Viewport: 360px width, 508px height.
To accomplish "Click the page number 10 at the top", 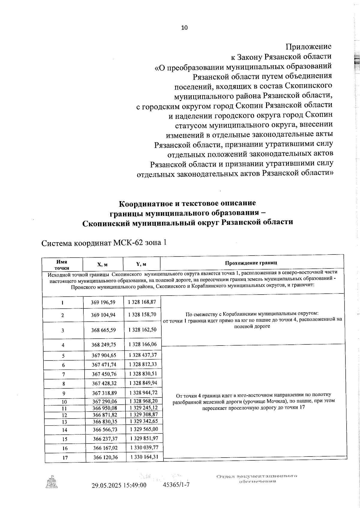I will point(184,28).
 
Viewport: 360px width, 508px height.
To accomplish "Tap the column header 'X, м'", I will point(102,264).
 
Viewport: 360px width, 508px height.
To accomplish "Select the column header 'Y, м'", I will point(141,264).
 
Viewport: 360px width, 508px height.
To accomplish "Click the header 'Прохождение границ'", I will point(251,263).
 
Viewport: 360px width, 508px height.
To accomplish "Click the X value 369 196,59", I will point(103,302).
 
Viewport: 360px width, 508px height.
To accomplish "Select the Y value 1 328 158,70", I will point(142,315).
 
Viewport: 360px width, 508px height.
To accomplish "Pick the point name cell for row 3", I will point(63,331).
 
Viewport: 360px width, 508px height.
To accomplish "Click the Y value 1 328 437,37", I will point(143,355).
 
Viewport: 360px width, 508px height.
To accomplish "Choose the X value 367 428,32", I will point(104,383).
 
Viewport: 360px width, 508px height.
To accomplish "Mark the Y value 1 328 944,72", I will point(143,393).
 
